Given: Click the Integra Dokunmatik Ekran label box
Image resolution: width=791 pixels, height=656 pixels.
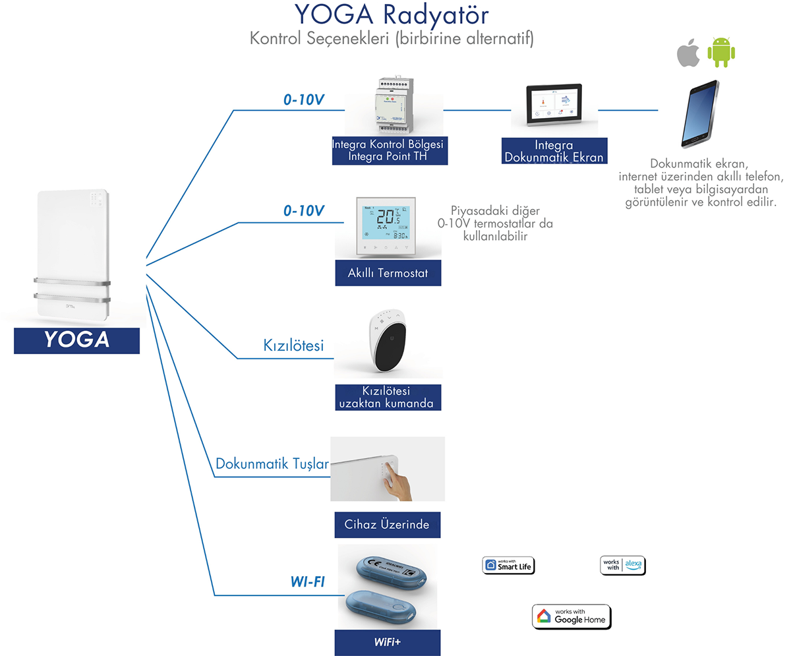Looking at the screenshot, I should pos(554,151).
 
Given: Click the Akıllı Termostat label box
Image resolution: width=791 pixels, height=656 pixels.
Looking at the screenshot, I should pos(388,273).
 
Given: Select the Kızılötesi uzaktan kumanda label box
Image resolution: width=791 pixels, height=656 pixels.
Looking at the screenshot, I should pos(388,398).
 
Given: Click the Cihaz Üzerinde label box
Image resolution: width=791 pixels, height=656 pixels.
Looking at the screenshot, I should pos(388,524).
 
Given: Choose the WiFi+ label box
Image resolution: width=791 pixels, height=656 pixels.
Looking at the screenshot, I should pos(388,642).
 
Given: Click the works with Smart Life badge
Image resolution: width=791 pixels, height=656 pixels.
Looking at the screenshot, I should pos(508,565).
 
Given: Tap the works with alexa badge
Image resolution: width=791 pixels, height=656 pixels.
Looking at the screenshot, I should pos(623,565).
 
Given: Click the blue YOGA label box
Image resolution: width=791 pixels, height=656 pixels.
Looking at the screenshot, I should pos(76,340).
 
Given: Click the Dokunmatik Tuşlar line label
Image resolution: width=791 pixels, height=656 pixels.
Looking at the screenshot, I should pos(272,464).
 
